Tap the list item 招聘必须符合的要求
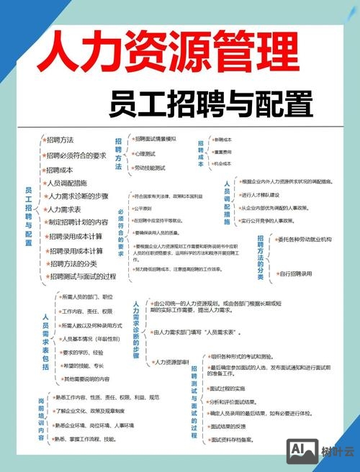76,155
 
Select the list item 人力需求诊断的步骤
77,196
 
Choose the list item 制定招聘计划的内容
78,222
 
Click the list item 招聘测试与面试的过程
81,276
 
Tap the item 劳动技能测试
150,168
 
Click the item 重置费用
222,152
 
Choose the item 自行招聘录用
294,273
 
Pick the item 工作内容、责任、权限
87,312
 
